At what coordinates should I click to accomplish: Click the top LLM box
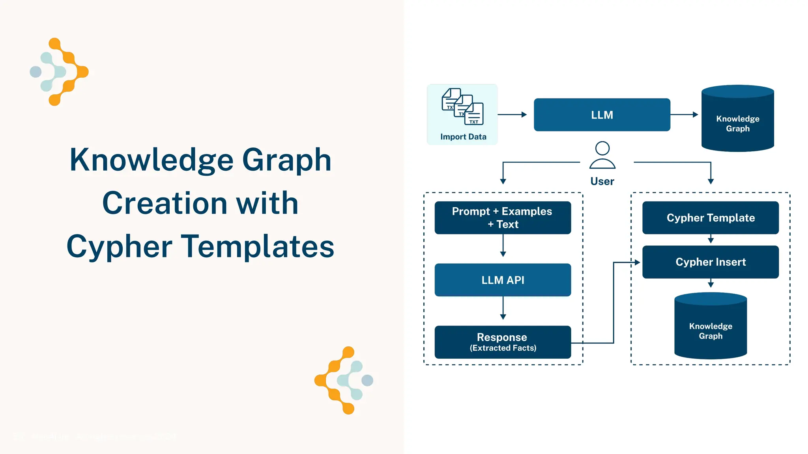[602, 115]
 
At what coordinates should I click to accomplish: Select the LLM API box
[503, 280]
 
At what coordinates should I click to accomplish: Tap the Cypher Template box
[710, 218]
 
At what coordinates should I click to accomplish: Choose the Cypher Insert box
[710, 262]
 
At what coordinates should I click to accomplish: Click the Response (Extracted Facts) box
[503, 342]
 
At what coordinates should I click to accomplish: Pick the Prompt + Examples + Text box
[503, 218]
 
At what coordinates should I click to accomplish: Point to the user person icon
[602, 155]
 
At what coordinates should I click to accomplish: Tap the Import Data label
[463, 137]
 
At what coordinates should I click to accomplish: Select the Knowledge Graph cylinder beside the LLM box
[737, 119]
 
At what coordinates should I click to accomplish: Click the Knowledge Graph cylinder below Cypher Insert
[710, 326]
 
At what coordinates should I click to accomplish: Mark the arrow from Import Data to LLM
[512, 115]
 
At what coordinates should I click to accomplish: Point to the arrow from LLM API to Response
[503, 308]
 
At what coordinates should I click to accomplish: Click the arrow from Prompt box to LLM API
[503, 246]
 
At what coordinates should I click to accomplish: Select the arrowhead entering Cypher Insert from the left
[637, 262]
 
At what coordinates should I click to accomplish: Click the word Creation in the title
[165, 203]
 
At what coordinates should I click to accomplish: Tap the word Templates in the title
[259, 246]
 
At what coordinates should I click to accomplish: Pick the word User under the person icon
[602, 181]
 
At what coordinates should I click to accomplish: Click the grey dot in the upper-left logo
[36, 72]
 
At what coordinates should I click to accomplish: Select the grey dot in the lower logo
[367, 380]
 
